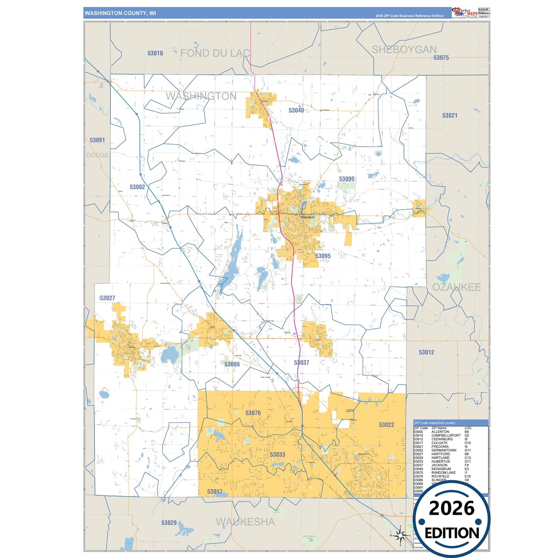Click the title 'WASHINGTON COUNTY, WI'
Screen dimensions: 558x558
point(120,13)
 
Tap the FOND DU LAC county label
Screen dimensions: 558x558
point(215,53)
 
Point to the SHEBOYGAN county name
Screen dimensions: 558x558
point(404,49)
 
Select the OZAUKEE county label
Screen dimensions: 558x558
point(456,287)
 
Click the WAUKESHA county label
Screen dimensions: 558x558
point(245,522)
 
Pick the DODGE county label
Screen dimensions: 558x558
point(97,155)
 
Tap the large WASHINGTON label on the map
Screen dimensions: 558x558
point(201,96)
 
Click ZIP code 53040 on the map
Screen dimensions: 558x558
point(296,110)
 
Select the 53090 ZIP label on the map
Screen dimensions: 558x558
point(346,179)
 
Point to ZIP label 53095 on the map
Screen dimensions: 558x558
point(322,256)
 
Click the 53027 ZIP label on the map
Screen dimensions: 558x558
point(107,298)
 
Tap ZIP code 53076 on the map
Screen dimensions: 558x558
point(253,413)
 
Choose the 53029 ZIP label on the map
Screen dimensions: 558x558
point(169,523)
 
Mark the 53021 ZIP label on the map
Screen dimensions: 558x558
point(449,115)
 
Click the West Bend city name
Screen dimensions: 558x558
point(307,217)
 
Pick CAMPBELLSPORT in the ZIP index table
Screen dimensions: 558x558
point(446,436)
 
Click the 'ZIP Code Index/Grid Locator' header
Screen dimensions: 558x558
point(434,423)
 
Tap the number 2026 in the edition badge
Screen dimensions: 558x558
point(451,508)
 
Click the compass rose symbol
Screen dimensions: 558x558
point(401,535)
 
